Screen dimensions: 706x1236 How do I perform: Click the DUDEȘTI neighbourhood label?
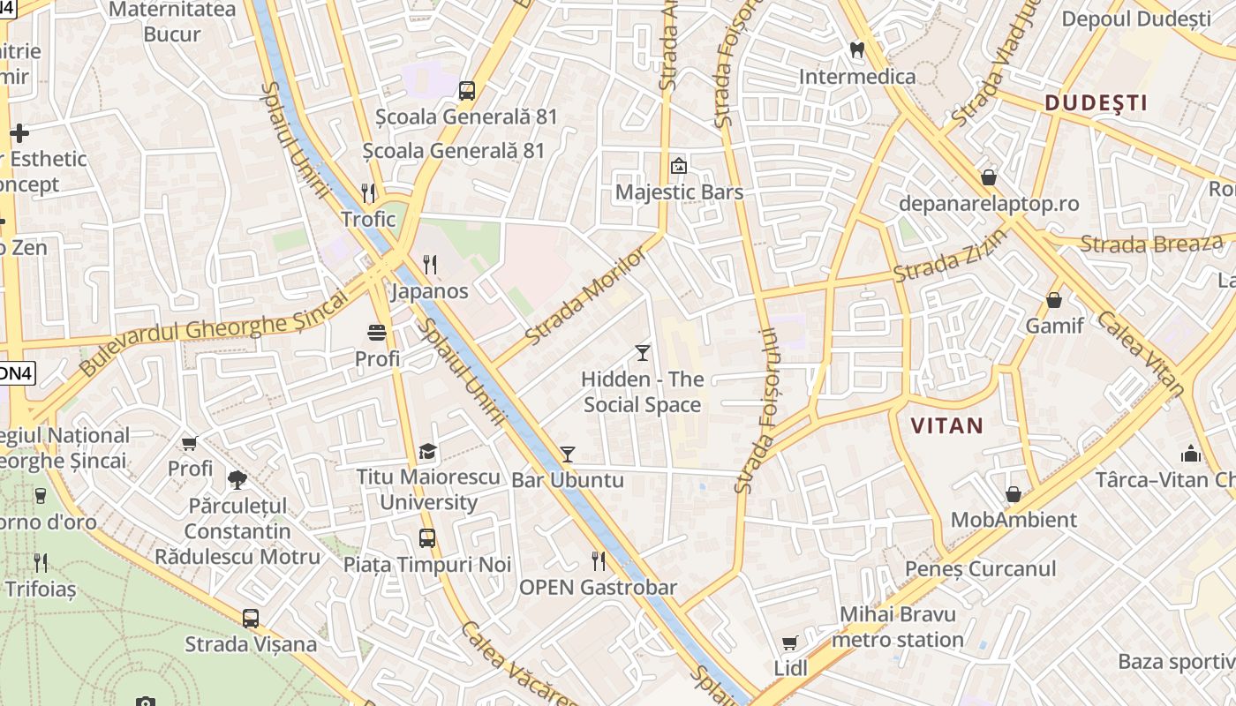1096,103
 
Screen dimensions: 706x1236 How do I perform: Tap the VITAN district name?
946,425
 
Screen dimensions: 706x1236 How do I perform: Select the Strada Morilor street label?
585,296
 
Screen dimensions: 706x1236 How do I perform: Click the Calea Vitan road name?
1140,353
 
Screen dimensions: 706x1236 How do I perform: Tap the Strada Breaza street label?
1151,244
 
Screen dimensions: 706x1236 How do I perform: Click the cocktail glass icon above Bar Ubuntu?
567,454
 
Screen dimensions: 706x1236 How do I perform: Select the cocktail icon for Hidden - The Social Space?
642,353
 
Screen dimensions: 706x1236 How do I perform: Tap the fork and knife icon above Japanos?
430,264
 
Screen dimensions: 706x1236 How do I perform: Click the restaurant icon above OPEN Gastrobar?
599,560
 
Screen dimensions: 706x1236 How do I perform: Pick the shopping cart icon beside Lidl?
790,642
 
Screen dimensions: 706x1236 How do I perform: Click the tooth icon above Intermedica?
856,50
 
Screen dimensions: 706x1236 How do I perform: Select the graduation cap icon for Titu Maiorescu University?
428,451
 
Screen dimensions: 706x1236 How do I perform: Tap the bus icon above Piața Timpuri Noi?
427,537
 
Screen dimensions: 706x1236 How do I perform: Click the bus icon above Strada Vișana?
251,618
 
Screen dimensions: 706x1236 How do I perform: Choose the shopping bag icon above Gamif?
1053,300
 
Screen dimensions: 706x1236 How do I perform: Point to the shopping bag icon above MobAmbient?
1013,494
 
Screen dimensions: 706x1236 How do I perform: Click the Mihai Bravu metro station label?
898,627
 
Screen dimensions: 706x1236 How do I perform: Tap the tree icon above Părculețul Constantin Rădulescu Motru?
237,480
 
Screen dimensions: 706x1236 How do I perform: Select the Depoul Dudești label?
1136,19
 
